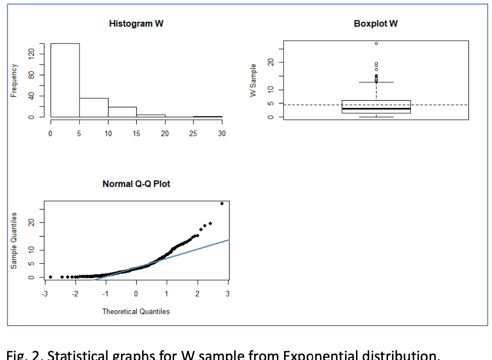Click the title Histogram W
(x=136, y=24)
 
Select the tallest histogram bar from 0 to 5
(x=65, y=80)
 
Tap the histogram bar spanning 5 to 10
(x=94, y=107)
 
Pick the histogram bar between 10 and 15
(x=122, y=112)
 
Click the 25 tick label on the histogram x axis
(x=193, y=134)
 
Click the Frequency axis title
(x=14, y=80)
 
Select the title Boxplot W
(x=376, y=24)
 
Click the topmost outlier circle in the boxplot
(x=376, y=43)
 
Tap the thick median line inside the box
(x=376, y=109)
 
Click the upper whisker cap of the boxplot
(x=376, y=82)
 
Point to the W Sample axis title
(x=253, y=80)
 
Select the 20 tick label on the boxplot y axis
(x=270, y=63)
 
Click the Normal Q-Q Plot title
(x=136, y=184)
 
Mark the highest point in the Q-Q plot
(x=222, y=203)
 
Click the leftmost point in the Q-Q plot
(x=51, y=277)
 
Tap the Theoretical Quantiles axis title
(x=136, y=311)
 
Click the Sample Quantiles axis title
(x=14, y=241)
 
